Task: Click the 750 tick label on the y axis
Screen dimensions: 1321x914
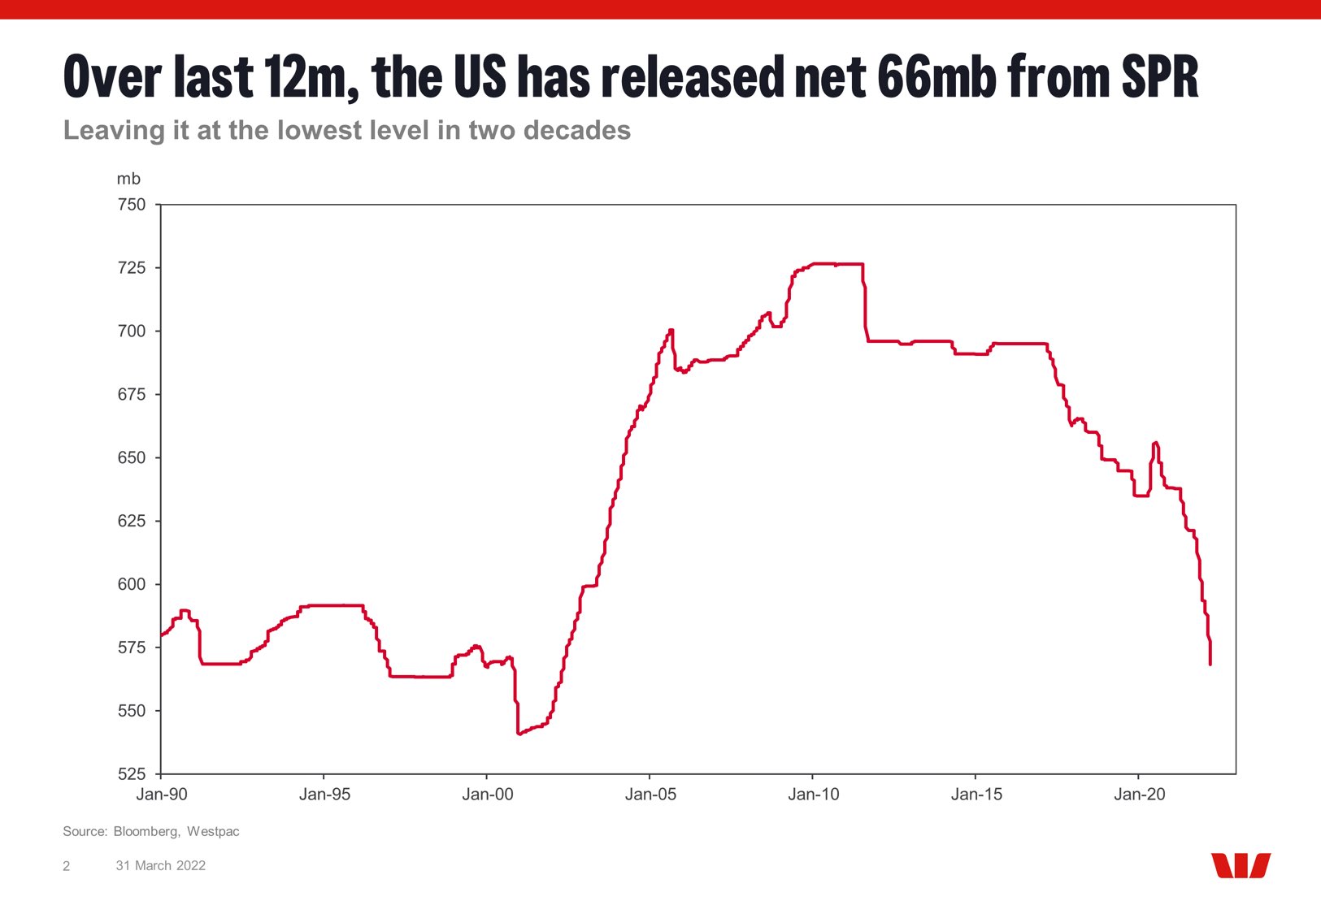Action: pyautogui.click(x=132, y=205)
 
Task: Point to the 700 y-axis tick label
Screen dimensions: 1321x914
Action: pyautogui.click(x=132, y=331)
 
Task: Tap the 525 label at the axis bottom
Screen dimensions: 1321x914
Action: pyautogui.click(x=132, y=773)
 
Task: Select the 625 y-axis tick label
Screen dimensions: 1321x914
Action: pyautogui.click(x=132, y=521)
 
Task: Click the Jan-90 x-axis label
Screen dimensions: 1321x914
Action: pyautogui.click(x=162, y=795)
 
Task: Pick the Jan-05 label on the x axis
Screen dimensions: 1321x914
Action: pyautogui.click(x=650, y=795)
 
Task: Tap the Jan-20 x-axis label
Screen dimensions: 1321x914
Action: pyautogui.click(x=1140, y=795)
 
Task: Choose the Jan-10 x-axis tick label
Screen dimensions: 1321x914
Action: pyautogui.click(x=813, y=795)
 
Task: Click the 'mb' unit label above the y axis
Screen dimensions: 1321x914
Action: pyautogui.click(x=128, y=179)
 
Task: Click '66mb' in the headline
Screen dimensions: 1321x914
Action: pyautogui.click(x=937, y=76)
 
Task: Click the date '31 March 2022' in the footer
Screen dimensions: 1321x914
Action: pyautogui.click(x=160, y=866)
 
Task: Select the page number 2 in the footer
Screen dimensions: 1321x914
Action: pyautogui.click(x=66, y=866)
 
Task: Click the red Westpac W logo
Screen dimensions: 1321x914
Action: pyautogui.click(x=1241, y=865)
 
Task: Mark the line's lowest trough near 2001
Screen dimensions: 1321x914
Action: pyautogui.click(x=519, y=734)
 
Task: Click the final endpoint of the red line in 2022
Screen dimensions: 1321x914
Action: pyautogui.click(x=1210, y=665)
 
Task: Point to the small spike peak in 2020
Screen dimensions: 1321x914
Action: pyautogui.click(x=1155, y=442)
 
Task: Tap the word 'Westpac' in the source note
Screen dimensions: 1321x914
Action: pyautogui.click(x=213, y=831)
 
